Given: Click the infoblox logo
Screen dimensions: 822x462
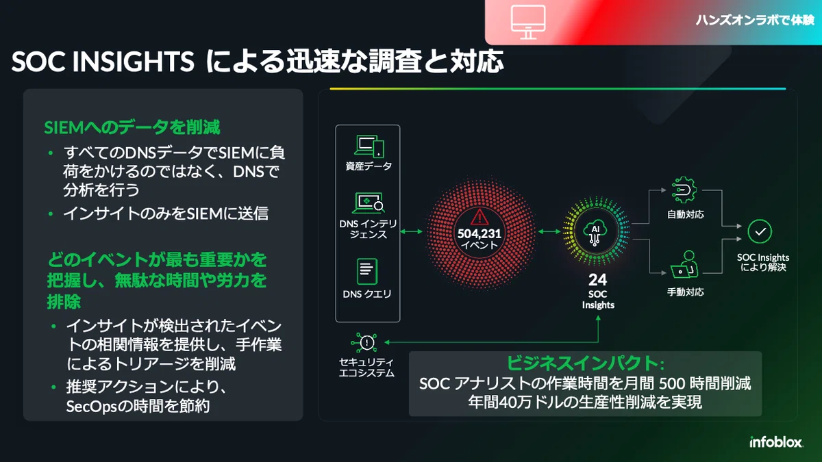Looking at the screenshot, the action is pyautogui.click(x=776, y=442).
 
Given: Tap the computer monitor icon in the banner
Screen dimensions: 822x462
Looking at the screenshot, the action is pyautogui.click(x=528, y=22).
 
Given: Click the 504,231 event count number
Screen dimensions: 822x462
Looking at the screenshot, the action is pyautogui.click(x=480, y=233).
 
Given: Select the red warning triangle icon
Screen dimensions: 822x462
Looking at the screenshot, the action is pyautogui.click(x=480, y=217).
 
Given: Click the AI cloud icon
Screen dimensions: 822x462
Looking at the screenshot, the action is pyautogui.click(x=595, y=233).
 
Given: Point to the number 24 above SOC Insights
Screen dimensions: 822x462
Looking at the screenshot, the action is pyautogui.click(x=598, y=280).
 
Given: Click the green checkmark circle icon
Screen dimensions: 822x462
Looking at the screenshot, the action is pyautogui.click(x=760, y=231).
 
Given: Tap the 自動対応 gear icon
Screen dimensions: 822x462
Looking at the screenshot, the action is pyautogui.click(x=684, y=190).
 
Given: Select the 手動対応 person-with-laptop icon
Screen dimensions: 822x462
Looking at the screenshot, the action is pyautogui.click(x=684, y=264).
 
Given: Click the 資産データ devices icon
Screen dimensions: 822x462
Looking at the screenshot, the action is pyautogui.click(x=369, y=146).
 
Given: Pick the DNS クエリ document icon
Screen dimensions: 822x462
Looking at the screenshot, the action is pyautogui.click(x=367, y=272).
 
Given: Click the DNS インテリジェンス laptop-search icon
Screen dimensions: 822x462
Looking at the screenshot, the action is pyautogui.click(x=368, y=203).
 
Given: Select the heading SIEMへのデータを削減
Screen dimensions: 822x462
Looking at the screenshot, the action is pyautogui.click(x=132, y=127).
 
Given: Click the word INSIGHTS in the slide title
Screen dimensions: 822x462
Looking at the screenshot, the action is pyautogui.click(x=133, y=61).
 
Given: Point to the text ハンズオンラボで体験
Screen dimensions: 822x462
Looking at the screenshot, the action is pyautogui.click(x=755, y=20).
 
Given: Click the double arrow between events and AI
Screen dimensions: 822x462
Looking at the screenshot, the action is pyautogui.click(x=549, y=231).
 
